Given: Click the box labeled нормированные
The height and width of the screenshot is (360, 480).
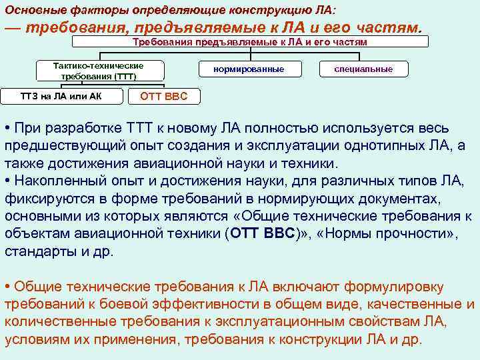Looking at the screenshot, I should pyautogui.click(x=249, y=69).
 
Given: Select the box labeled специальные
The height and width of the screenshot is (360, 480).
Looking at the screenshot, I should pyautogui.click(x=363, y=69).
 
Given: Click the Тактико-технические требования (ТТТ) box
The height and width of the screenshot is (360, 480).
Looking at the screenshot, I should pyautogui.click(x=98, y=71).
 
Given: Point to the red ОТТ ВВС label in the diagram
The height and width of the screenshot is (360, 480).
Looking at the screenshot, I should pyautogui.click(x=164, y=96).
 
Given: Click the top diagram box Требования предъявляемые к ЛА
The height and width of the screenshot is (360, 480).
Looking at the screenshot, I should pyautogui.click(x=250, y=42).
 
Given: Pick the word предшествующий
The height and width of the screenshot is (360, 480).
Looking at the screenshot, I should pyautogui.click(x=69, y=145).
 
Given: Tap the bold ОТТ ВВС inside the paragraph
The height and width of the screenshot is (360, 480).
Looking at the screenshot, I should pyautogui.click(x=263, y=235).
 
